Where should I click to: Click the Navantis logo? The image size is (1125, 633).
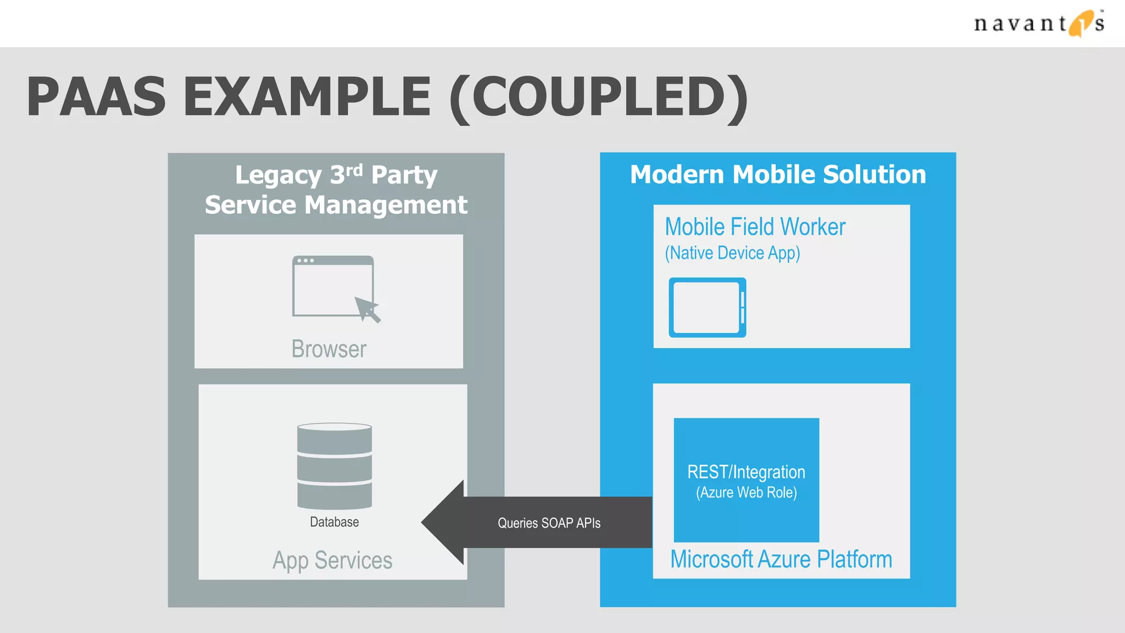coord(1038,23)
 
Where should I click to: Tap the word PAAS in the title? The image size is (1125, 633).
coord(96,97)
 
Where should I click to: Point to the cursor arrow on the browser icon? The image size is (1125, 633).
coord(367,309)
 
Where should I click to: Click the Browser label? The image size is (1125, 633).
coord(328,349)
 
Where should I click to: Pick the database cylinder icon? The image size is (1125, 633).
coord(335,466)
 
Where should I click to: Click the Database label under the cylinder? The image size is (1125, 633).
coord(334,522)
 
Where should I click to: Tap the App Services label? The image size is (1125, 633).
coord(332,560)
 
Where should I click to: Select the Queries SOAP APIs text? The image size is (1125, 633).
coord(549,523)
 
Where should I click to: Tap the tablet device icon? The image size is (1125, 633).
coord(707,308)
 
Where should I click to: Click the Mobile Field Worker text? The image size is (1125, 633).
coord(755,227)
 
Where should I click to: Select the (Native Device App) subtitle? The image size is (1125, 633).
coord(732,253)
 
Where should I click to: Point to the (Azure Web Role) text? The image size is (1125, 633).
coord(746,492)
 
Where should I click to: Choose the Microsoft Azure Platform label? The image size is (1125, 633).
coord(781,559)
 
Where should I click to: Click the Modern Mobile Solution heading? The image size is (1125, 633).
coord(778,175)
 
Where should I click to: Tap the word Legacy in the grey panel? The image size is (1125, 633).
coord(278,176)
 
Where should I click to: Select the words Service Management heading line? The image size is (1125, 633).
coord(336,205)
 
